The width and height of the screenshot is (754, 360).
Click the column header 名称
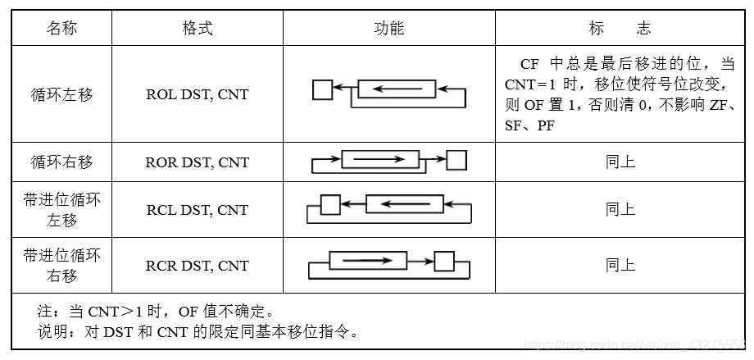pyautogui.click(x=61, y=29)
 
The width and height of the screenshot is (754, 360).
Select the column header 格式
pyautogui.click(x=197, y=29)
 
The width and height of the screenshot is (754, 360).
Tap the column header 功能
pyautogui.click(x=388, y=29)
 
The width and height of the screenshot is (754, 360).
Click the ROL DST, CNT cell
pyautogui.click(x=197, y=94)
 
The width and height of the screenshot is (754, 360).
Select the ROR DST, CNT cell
pyautogui.click(x=197, y=162)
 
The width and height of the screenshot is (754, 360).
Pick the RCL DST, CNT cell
pyautogui.click(x=197, y=210)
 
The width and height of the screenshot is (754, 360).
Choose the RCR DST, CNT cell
pyautogui.click(x=197, y=266)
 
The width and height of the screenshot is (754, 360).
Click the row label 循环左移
pyautogui.click(x=61, y=94)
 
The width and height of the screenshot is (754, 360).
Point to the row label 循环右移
pyautogui.click(x=61, y=162)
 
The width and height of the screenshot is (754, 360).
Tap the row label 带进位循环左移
pyautogui.click(x=61, y=210)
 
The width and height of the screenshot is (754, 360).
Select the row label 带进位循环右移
pyautogui.click(x=61, y=266)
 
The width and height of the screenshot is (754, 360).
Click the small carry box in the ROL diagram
pyautogui.click(x=323, y=89)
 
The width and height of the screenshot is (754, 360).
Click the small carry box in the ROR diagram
pyautogui.click(x=456, y=159)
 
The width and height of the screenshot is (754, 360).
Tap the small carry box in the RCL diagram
pyautogui.click(x=329, y=204)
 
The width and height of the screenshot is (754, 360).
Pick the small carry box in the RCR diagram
pyautogui.click(x=444, y=261)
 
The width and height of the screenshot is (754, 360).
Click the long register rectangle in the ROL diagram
pyautogui.click(x=397, y=89)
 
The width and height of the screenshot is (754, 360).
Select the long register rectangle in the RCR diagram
pyautogui.click(x=367, y=261)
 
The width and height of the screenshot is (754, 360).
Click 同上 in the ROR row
pyautogui.click(x=620, y=162)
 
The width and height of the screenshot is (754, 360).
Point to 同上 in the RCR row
pyautogui.click(x=620, y=266)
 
